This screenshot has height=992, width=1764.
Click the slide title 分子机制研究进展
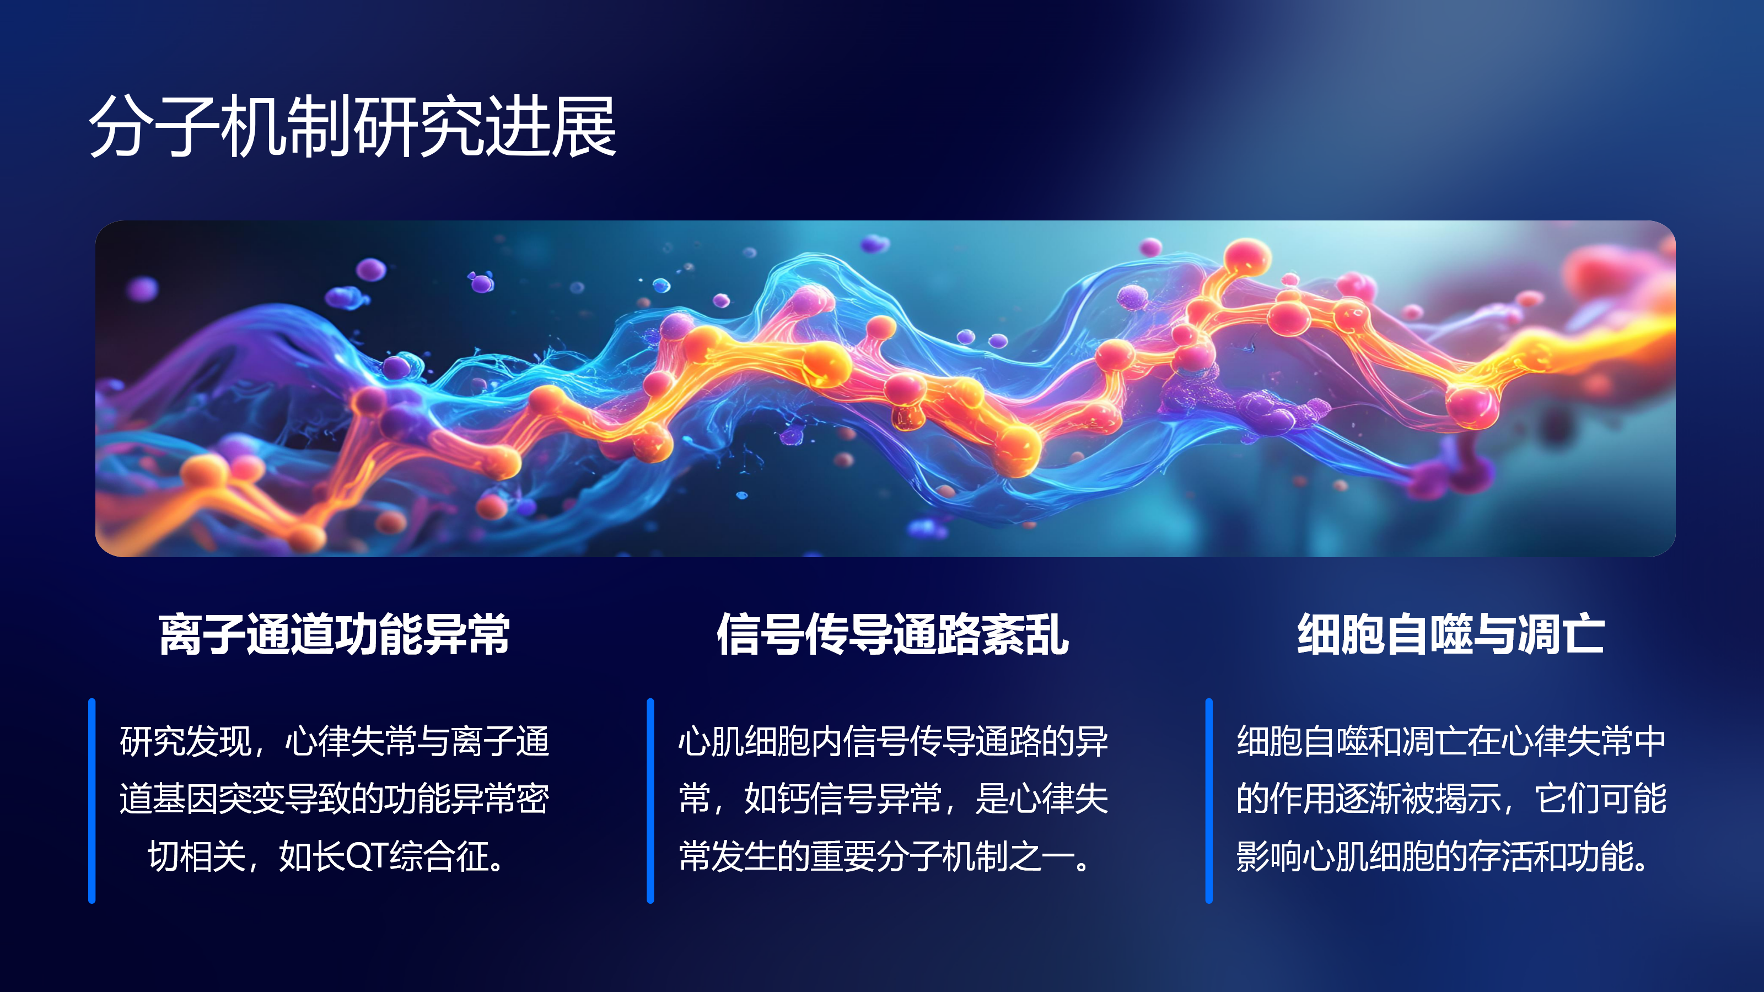353,127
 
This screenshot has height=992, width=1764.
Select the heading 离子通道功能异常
334,634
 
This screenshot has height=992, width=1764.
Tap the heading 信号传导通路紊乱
892,634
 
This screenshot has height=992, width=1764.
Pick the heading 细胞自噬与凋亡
1450,634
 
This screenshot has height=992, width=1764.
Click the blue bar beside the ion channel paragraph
92,800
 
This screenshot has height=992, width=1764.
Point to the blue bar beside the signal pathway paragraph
650,800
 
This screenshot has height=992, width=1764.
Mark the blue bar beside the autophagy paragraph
1209,800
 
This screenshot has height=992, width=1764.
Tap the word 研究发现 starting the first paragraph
186,741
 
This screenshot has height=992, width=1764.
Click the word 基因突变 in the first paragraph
218,799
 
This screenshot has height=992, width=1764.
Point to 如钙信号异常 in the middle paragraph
843,799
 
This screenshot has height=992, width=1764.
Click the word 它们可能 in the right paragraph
1601,799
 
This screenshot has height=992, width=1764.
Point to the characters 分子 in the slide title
154,127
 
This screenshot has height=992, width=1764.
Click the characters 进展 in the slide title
551,127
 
